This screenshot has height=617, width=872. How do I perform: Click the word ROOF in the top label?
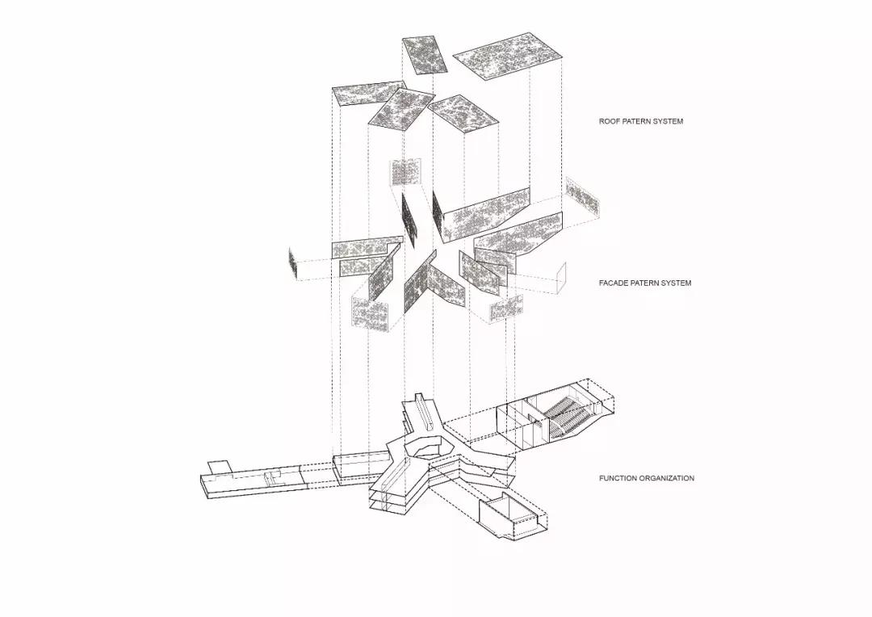(x=608, y=121)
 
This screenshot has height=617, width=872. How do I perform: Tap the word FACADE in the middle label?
(x=614, y=283)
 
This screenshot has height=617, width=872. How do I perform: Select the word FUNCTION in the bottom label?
(x=618, y=478)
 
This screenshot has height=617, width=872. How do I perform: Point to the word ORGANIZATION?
(x=667, y=478)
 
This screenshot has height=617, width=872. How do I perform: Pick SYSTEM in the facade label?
(x=673, y=283)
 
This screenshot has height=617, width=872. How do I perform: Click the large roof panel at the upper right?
(x=507, y=56)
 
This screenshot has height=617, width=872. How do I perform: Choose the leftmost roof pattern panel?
(x=369, y=94)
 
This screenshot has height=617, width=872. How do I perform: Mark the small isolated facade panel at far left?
(x=294, y=261)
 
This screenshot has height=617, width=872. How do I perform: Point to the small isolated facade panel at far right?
(x=582, y=196)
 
